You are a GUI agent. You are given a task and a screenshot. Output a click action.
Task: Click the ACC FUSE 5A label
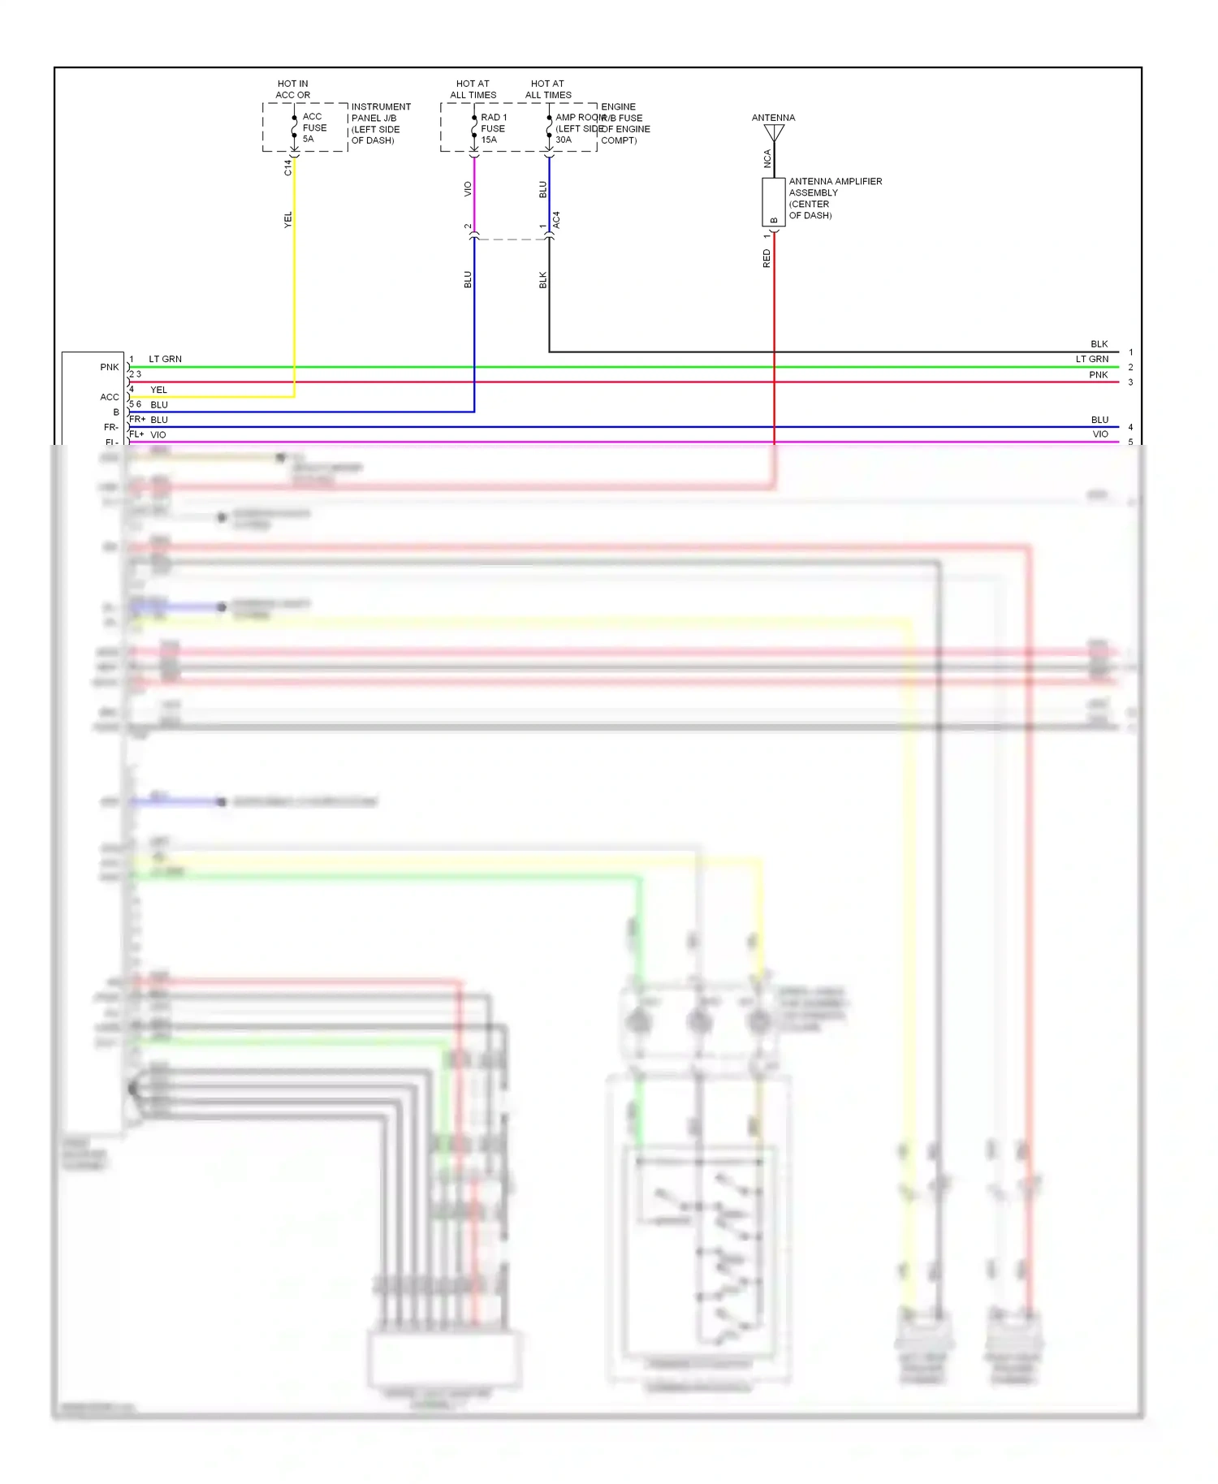(x=314, y=127)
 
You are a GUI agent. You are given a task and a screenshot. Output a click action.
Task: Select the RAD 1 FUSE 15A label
(x=493, y=128)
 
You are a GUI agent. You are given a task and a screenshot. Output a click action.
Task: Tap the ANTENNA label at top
(x=773, y=118)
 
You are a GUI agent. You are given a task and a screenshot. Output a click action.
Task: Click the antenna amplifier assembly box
(x=773, y=202)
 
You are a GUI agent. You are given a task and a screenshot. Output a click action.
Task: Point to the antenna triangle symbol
(x=774, y=132)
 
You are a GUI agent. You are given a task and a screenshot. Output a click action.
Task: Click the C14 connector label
(x=287, y=167)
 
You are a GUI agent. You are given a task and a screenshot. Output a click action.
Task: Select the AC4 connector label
(x=556, y=219)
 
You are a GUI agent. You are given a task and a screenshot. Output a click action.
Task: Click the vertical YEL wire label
(x=287, y=219)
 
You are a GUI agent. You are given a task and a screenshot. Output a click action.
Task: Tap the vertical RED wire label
(x=767, y=259)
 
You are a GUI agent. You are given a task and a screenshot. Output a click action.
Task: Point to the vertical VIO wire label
(x=468, y=189)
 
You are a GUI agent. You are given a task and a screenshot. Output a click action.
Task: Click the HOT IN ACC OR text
(x=292, y=89)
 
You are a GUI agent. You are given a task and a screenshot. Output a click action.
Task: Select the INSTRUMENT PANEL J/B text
(x=380, y=112)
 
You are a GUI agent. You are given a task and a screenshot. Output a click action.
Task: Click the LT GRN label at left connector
(x=165, y=359)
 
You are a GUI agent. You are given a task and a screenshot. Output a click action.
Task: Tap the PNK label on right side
(x=1098, y=375)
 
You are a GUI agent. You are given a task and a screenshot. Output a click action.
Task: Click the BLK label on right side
(x=1099, y=344)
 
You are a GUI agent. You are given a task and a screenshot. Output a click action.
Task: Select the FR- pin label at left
(x=111, y=427)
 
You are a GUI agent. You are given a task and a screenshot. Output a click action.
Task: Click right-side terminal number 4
(x=1130, y=427)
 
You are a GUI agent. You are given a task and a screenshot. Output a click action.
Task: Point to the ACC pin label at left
(x=110, y=397)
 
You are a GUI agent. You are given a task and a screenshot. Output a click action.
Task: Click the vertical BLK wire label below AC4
(x=543, y=280)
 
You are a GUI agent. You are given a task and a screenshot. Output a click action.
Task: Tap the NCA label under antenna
(x=767, y=159)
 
